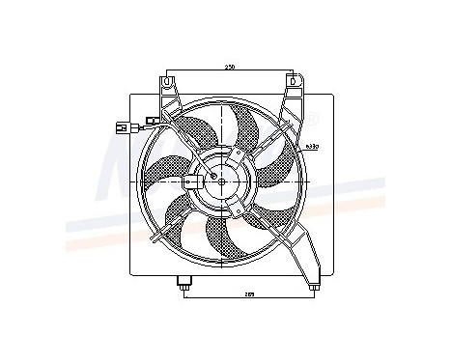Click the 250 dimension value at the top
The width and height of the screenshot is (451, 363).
pos(231,67)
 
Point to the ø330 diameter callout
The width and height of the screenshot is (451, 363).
pos(310,148)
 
